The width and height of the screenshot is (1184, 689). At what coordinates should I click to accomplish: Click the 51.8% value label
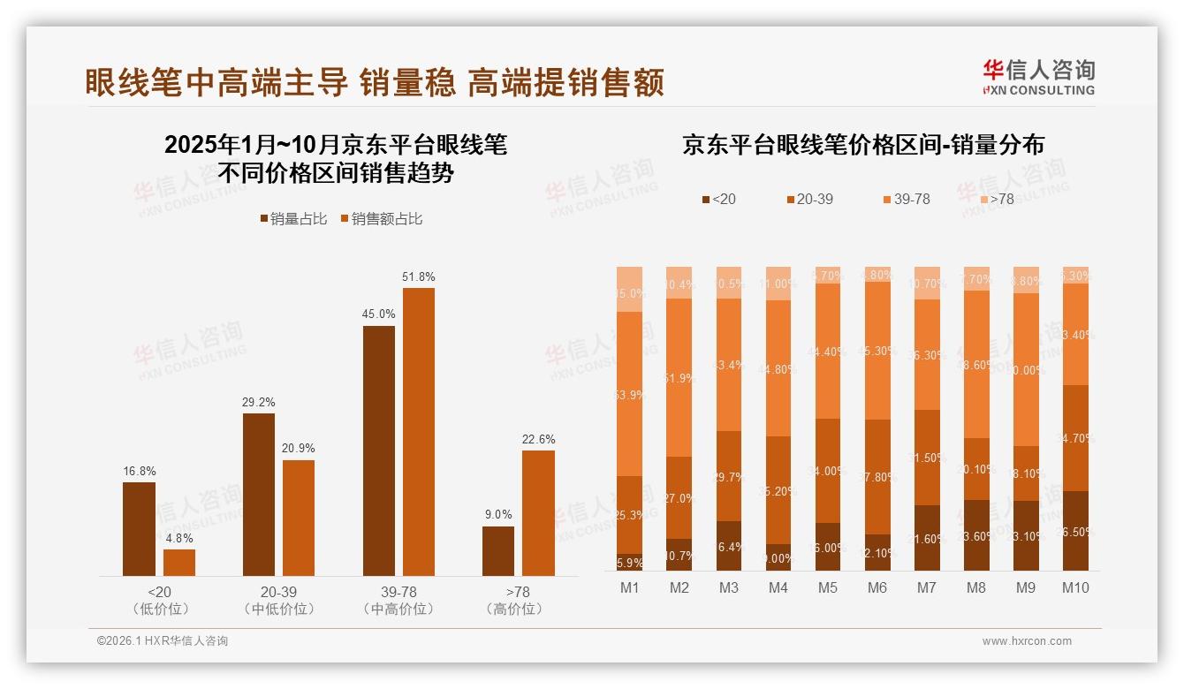[x=419, y=276]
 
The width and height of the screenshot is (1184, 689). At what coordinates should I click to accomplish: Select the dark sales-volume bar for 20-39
[x=258, y=495]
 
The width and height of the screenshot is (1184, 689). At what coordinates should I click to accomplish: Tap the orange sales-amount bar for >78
[x=538, y=513]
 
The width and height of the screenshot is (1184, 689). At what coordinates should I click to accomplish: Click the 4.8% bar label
[x=179, y=538]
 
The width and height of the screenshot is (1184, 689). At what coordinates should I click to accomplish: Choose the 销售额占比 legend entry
[x=382, y=219]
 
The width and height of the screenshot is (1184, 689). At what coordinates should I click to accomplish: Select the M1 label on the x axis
[x=629, y=587]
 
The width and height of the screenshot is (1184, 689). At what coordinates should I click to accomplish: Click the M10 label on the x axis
[x=1074, y=587]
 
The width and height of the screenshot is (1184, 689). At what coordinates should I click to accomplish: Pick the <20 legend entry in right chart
[x=718, y=200]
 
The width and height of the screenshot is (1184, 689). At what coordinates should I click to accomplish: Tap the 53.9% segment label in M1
[x=629, y=395]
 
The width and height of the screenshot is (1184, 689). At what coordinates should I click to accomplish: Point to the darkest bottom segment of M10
[x=1075, y=530]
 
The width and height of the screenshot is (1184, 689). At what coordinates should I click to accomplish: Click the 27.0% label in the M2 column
[x=679, y=498]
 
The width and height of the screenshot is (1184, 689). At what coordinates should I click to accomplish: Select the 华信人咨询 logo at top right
[x=1039, y=77]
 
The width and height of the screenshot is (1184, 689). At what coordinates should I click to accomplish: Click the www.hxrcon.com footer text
[x=1027, y=641]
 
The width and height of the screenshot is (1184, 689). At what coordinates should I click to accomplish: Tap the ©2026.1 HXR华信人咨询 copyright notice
[x=163, y=641]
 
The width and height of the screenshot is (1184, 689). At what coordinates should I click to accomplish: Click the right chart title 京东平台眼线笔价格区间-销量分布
[x=862, y=145]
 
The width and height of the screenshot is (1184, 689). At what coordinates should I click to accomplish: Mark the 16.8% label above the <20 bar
[x=139, y=471]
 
